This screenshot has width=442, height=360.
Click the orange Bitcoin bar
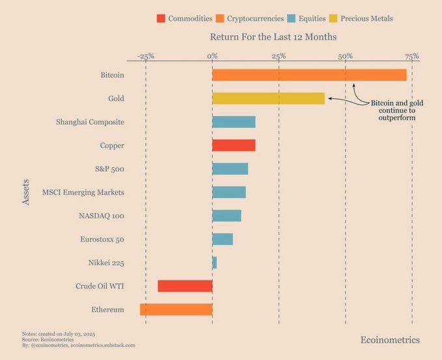tap(309, 75)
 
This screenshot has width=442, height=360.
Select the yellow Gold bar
tap(268, 98)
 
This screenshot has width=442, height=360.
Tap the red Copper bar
tap(234, 145)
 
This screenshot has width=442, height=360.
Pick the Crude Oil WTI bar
tap(185, 286)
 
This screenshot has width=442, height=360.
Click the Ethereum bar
tap(176, 309)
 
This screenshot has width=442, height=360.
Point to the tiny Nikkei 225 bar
tap(214, 262)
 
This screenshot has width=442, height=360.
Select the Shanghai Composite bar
tap(234, 122)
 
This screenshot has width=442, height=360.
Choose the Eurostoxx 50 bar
tap(223, 239)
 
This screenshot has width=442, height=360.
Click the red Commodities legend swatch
tap(161, 18)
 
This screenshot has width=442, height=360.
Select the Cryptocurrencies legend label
tap(246, 18)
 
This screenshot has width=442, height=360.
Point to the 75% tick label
tap(411, 56)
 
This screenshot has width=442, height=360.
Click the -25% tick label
tap(145, 56)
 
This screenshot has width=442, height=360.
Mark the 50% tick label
tap(345, 56)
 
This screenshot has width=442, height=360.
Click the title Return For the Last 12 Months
tap(273, 37)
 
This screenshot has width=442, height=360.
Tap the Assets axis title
tap(26, 193)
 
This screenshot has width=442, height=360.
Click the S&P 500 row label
tap(109, 169)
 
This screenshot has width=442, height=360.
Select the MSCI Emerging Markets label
tap(83, 193)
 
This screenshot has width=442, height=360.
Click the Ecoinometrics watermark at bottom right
tap(390, 340)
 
